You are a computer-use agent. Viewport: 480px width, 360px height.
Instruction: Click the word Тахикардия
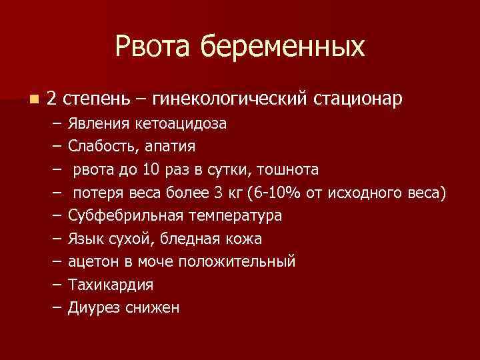pyautogui.click(x=111, y=285)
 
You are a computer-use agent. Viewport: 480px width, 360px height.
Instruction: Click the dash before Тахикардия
pyautogui.click(x=55, y=285)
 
